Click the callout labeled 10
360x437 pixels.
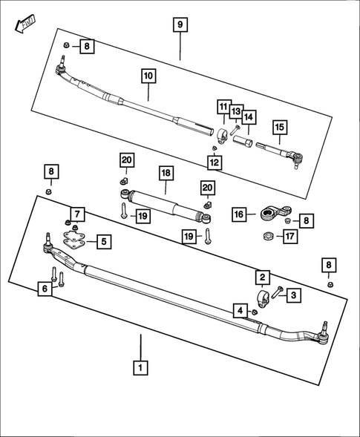click(x=147, y=76)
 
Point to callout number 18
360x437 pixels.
click(x=166, y=173)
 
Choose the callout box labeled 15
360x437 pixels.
click(x=278, y=127)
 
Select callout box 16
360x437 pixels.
click(x=239, y=214)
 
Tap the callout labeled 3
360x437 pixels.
click(x=292, y=295)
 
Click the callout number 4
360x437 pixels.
click(x=239, y=309)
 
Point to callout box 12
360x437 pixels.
click(x=214, y=162)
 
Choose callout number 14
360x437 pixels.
click(x=248, y=117)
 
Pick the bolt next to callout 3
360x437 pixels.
click(x=278, y=292)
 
